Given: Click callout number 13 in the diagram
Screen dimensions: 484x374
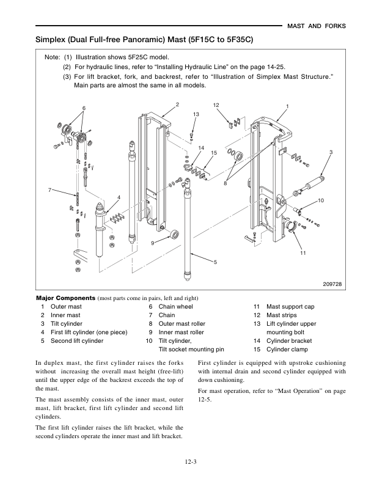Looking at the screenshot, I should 196,115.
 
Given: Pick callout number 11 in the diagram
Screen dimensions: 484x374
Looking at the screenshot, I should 302,252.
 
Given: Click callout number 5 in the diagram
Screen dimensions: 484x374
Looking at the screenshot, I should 215,262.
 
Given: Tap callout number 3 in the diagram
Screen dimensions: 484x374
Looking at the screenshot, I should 330,152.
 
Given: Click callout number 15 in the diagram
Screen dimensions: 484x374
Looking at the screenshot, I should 214,152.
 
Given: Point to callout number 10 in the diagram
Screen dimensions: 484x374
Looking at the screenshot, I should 320,200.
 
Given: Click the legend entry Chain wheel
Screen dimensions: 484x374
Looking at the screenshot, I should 175,306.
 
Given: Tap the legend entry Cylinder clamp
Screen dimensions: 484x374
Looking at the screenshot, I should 287,349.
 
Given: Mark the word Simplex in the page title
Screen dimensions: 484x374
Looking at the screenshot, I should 52,40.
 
